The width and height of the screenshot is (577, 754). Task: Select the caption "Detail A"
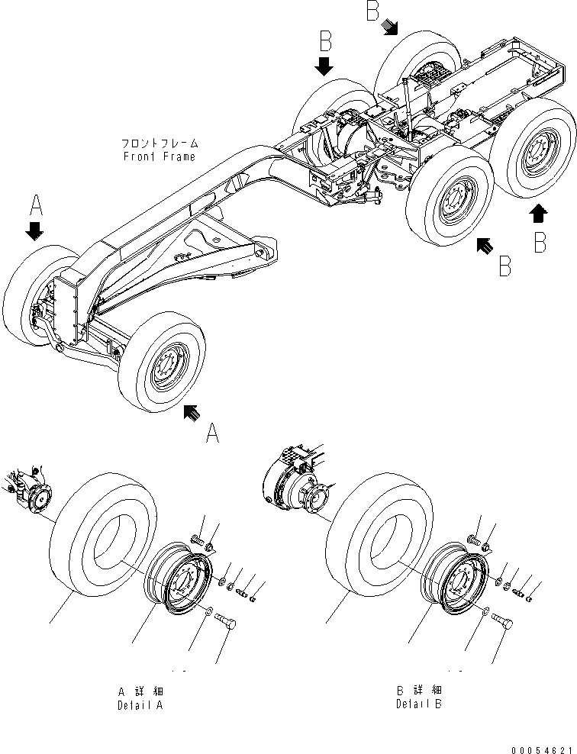click(x=140, y=705)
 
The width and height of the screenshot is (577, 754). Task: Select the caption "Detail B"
click(x=418, y=705)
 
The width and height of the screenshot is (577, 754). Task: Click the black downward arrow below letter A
click(x=34, y=230)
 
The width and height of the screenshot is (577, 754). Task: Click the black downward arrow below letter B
click(x=325, y=65)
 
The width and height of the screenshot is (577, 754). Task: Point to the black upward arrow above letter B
click(x=539, y=213)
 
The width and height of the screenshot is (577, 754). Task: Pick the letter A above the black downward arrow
click(x=36, y=205)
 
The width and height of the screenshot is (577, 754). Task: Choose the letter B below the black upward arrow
click(x=540, y=243)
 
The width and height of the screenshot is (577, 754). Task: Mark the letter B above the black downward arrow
click(x=325, y=39)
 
